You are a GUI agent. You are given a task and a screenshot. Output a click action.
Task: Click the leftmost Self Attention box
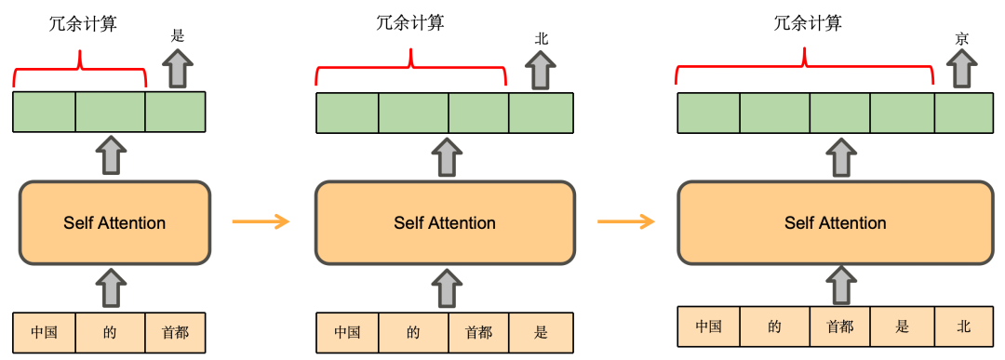pos(114,222)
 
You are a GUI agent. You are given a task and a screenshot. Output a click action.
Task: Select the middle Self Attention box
pos(444,222)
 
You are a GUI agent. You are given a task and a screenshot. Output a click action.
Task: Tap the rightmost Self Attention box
pos(835,222)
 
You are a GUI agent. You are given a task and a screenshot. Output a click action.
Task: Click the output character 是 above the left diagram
pos(179,36)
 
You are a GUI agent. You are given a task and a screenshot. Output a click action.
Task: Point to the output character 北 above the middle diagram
pos(542,38)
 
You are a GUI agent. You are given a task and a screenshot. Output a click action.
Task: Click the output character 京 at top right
pos(962,38)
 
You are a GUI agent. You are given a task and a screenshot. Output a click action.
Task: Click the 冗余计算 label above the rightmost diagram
pos(808,23)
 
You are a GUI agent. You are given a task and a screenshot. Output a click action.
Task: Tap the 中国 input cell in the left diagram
pos(45,332)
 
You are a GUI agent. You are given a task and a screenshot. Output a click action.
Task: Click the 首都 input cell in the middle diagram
pos(478,332)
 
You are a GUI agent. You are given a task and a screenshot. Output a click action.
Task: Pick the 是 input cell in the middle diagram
pos(542,332)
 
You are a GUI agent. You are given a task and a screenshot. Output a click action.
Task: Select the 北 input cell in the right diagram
pos(963,327)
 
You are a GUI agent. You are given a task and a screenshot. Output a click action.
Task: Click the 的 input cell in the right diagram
pos(774,327)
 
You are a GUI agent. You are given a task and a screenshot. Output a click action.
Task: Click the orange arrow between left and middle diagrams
pos(260,221)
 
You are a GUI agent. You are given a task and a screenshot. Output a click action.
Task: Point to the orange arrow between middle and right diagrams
pos(625,221)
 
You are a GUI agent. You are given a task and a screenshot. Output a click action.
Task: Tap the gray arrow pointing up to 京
pos(962,70)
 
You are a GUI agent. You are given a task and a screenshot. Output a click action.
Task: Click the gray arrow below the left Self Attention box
pos(111,288)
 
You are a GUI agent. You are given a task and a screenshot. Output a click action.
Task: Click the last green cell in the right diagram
pos(964,113)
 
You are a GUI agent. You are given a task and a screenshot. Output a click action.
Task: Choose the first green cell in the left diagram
pos(45,112)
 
